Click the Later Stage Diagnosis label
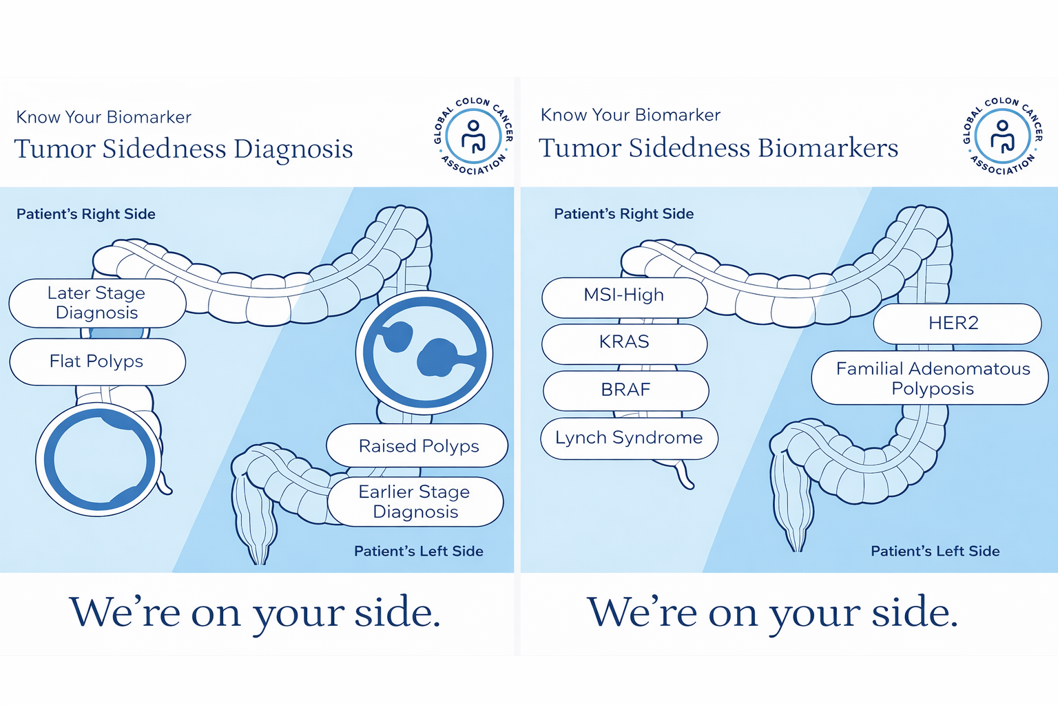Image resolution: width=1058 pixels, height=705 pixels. coord(97,303)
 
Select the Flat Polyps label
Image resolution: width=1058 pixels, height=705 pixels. coord(97,361)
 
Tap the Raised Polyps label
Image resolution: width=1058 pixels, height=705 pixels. coord(417,446)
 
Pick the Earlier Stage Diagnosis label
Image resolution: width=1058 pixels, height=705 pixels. coord(415,502)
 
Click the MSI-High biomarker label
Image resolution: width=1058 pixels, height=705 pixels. coord(624,295)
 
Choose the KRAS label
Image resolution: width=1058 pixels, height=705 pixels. coord(624,342)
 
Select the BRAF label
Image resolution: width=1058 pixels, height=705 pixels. coord(625,390)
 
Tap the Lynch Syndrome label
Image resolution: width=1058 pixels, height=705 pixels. coord(629,438)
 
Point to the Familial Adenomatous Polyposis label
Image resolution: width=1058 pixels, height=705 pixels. coord(932,379)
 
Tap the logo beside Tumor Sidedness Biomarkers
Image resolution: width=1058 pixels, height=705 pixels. coord(1002,135)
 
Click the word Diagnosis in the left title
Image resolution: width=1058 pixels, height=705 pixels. coord(293,149)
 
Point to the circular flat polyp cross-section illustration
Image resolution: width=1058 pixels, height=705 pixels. coord(99,459)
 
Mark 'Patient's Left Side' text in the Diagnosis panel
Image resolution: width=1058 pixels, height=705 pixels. coord(418,551)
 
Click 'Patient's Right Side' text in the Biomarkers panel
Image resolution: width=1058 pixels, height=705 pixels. coord(623,214)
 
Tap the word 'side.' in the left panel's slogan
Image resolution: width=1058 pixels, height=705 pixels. coord(397,612)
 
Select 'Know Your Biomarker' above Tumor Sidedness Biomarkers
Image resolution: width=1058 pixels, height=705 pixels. coord(630,115)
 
